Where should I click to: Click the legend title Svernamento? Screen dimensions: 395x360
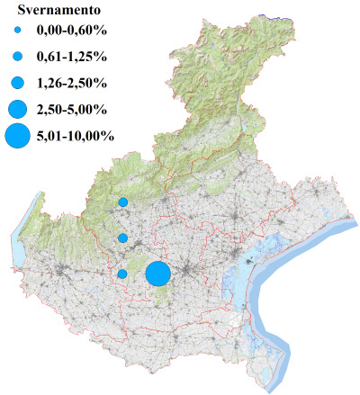50,13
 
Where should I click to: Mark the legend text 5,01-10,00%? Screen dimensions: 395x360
76,137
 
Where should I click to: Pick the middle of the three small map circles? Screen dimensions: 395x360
122,238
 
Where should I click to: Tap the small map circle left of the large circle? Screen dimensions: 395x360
122,274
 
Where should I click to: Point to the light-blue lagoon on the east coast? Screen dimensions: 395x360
238,279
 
